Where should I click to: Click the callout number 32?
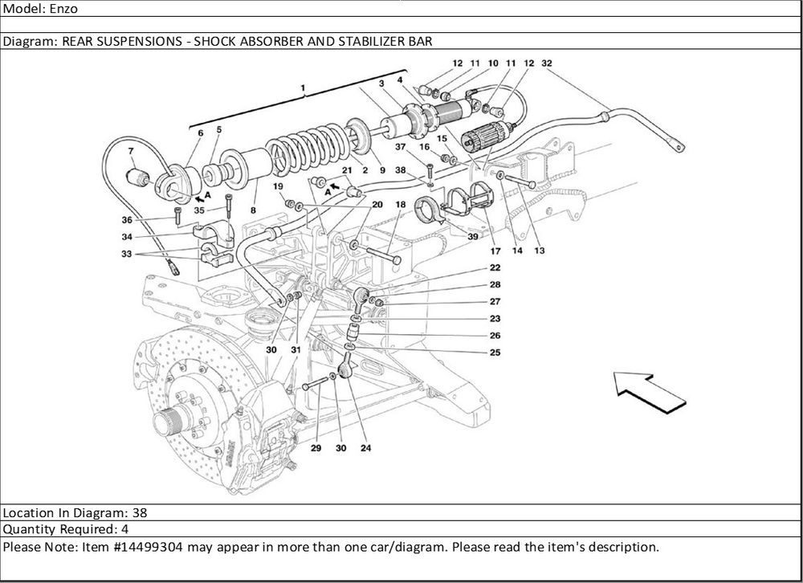(x=547, y=63)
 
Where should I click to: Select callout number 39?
(x=473, y=237)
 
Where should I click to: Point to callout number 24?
(x=366, y=448)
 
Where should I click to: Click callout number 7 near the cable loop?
(x=131, y=151)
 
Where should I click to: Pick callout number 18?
(x=400, y=205)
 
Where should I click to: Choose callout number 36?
(x=127, y=220)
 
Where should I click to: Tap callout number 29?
(x=316, y=448)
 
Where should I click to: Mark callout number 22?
(x=495, y=267)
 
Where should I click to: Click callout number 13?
(x=539, y=251)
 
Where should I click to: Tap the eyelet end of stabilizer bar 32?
(x=679, y=147)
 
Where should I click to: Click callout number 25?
(x=495, y=353)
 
